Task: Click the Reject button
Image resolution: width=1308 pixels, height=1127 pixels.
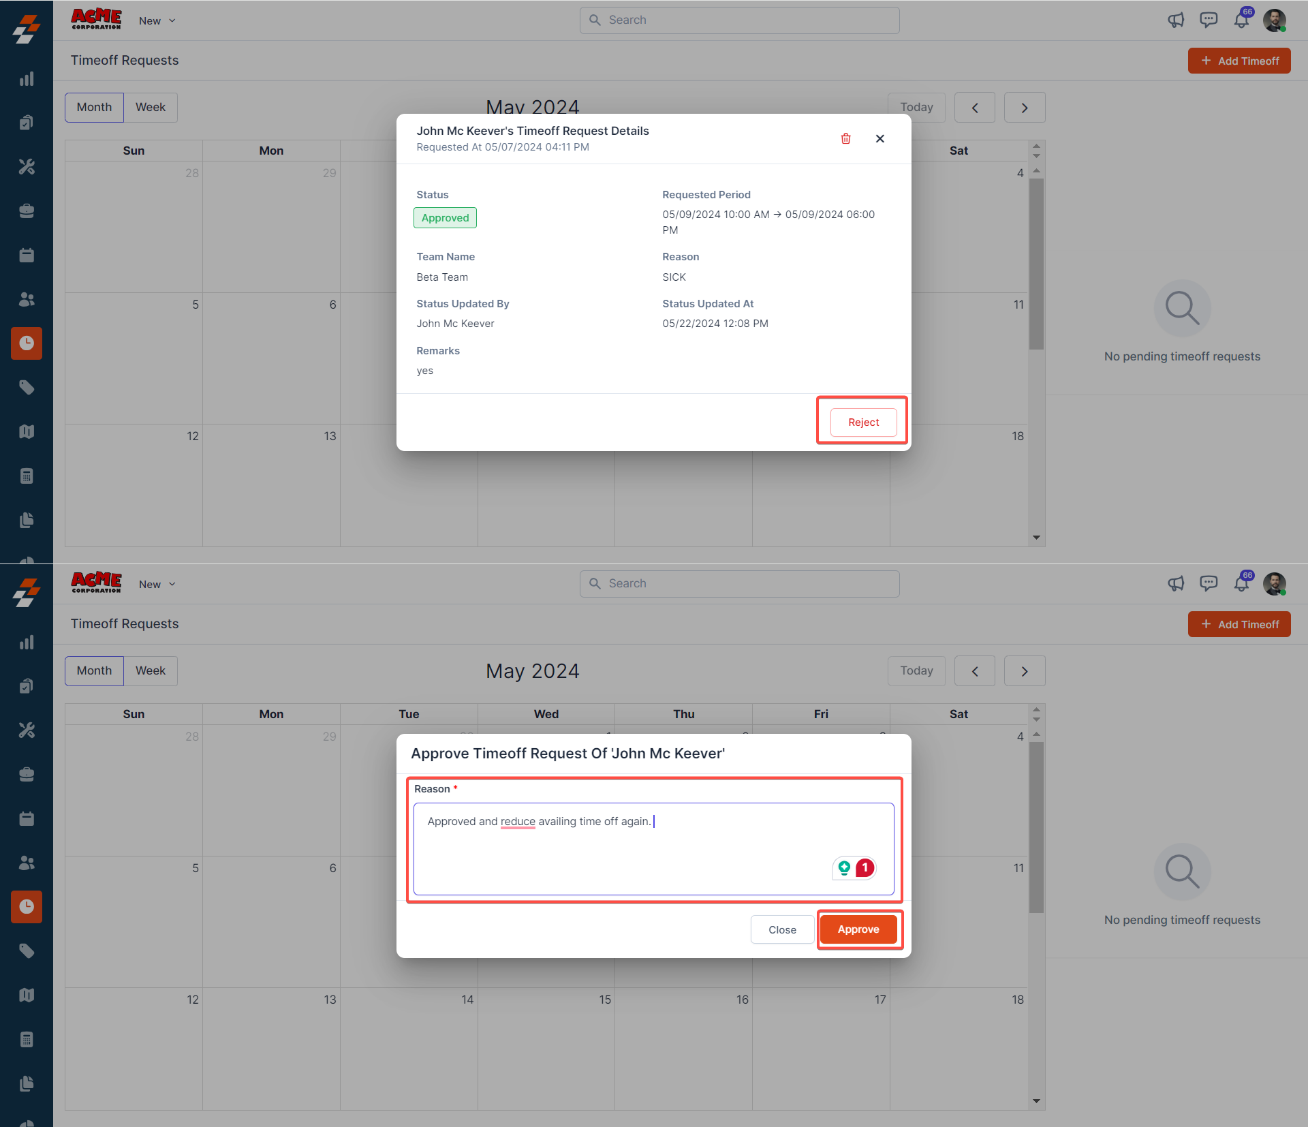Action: coord(863,422)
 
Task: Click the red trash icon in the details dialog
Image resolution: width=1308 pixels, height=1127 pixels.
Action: coord(845,139)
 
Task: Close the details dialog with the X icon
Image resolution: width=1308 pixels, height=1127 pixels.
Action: coord(880,139)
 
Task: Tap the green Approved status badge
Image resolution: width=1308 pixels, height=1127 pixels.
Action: coord(445,218)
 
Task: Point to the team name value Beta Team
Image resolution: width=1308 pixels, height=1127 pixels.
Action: coord(442,277)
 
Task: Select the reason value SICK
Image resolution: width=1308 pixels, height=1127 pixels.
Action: coord(674,277)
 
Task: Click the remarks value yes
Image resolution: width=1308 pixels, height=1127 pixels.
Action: coord(424,371)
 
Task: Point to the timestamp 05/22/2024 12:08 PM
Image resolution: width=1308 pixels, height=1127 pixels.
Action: coord(715,324)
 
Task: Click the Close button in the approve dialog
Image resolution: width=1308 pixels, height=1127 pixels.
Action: coord(782,929)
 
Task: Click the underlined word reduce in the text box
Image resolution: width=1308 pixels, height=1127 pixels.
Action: coord(518,822)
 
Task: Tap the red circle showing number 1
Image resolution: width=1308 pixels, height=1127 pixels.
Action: coord(865,867)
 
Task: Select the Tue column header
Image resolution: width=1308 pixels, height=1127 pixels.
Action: coord(409,714)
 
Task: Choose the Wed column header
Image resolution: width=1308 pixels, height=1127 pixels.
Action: coord(546,714)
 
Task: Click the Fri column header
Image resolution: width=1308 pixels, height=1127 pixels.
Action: coord(821,714)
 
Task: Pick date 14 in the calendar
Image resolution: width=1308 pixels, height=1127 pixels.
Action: coord(467,1000)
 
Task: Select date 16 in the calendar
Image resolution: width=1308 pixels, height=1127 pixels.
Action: coord(743,1000)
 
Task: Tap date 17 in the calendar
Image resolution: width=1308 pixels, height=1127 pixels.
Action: coord(880,1000)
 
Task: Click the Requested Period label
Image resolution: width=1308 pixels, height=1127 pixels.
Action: coord(706,195)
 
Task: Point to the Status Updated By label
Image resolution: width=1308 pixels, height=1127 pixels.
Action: coord(463,304)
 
